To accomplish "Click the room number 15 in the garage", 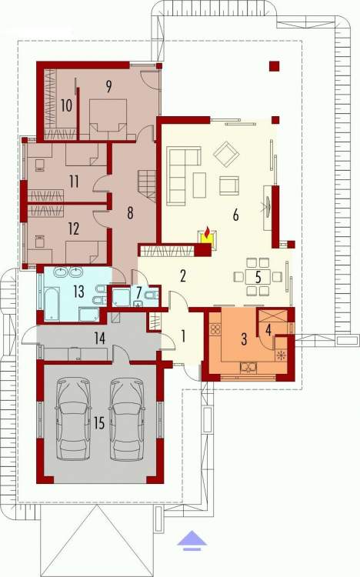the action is [x=99, y=423].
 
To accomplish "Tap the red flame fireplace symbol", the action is [x=208, y=232].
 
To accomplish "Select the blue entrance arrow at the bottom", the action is [x=192, y=541].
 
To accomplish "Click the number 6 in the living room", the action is [x=235, y=215].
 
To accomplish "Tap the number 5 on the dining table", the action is [x=258, y=278].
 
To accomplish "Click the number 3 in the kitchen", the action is [x=244, y=339].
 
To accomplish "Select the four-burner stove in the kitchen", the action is [x=215, y=329].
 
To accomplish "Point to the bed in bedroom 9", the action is [x=108, y=119].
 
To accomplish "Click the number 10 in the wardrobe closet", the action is [x=66, y=105].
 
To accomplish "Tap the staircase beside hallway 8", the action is [x=147, y=186].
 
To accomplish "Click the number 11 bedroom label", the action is [x=74, y=182].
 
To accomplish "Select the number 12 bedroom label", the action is [x=74, y=229].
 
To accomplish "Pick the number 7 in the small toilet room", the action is [x=138, y=292].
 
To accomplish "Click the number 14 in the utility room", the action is [x=100, y=339].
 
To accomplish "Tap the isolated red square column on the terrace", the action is [x=275, y=66].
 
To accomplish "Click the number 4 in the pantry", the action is [x=268, y=331].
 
